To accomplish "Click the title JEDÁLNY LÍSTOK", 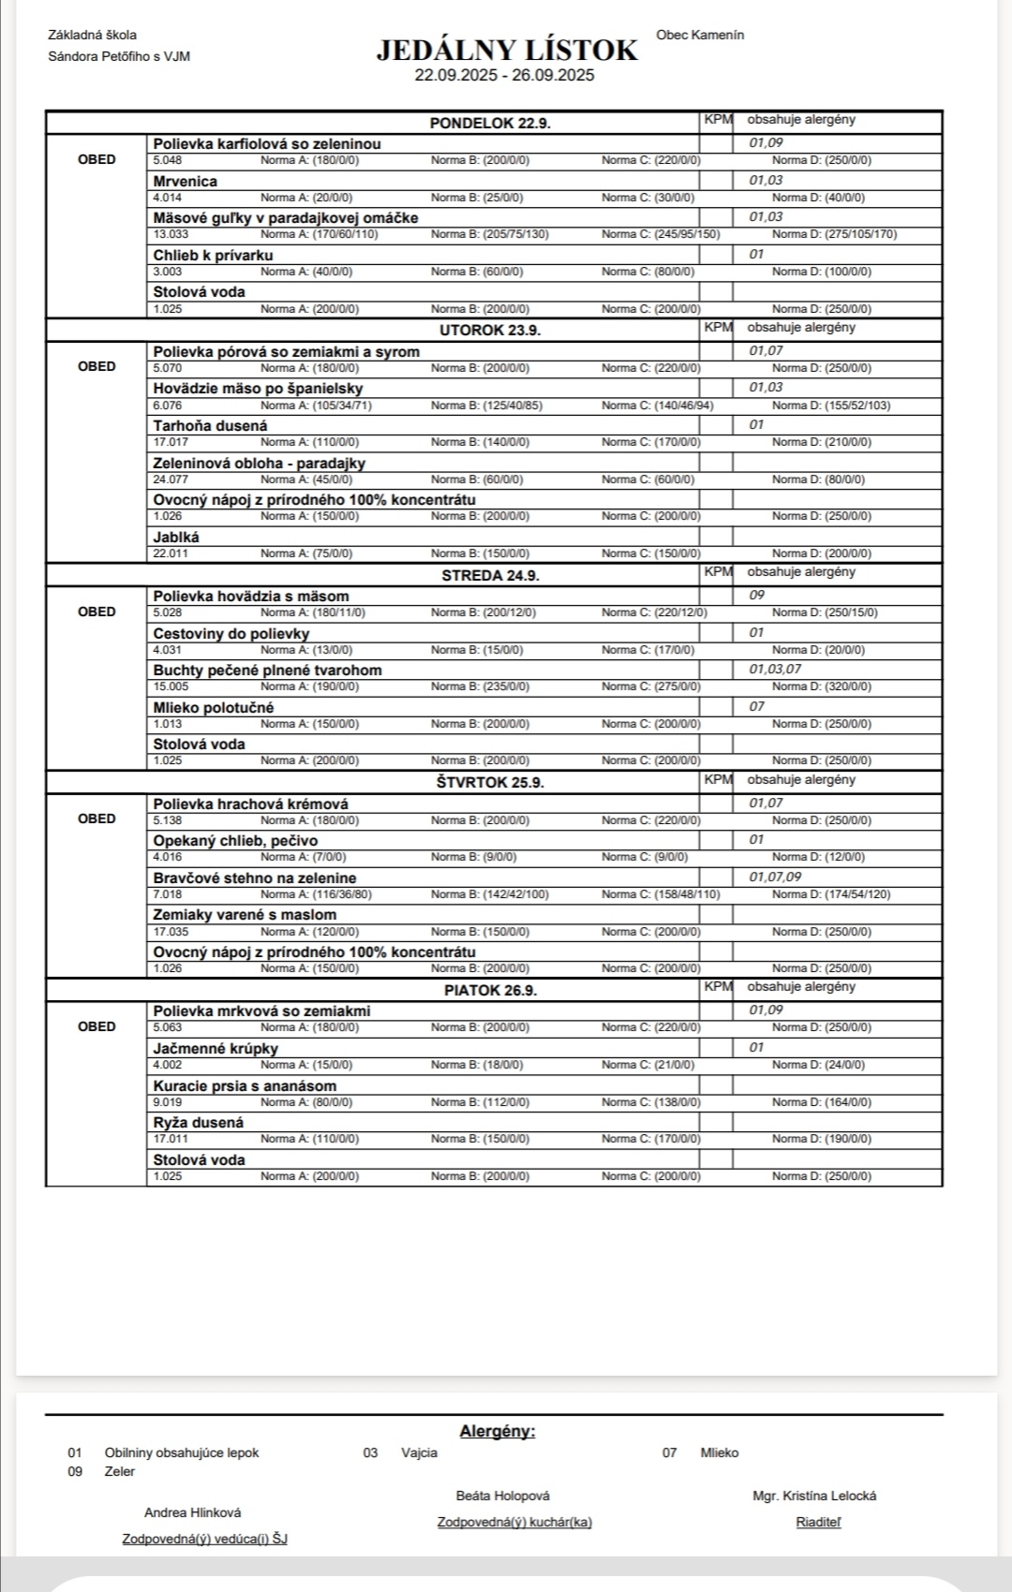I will pos(507,51).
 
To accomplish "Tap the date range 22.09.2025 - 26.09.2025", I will pos(504,76).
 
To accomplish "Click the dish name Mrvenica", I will pos(186,181).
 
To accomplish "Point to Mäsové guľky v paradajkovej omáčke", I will pos(286,218).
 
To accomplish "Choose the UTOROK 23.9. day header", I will pos(490,331).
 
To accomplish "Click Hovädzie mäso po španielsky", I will pos(258,389).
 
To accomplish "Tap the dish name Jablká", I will pos(176,538).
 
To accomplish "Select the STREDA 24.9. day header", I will pos(490,575).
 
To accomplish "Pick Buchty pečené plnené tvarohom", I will pos(268,671).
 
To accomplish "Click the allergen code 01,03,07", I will pos(775,670).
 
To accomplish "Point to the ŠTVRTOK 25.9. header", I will pos(490,783).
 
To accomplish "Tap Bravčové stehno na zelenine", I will pos(255,878).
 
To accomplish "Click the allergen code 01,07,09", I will pos(775,877).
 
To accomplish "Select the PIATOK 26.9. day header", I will pos(490,991).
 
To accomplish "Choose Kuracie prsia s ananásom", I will pos(245,1086).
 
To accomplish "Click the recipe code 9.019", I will pos(168,1102).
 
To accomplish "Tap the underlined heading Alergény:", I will pos(498,1431).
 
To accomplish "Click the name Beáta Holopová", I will pos(503,1496).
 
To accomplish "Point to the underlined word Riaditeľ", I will pos(818,1522).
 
